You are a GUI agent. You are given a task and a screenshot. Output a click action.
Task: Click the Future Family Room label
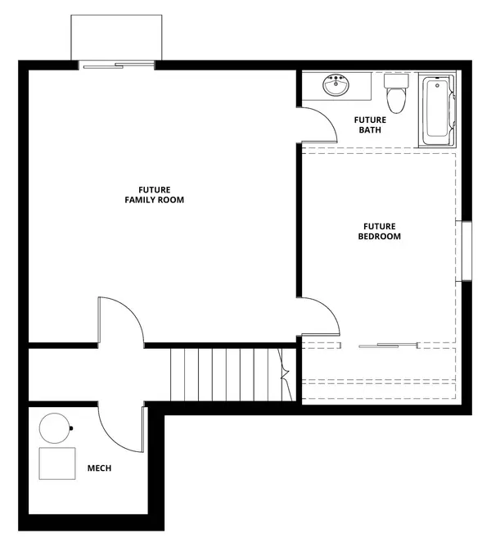[154, 194]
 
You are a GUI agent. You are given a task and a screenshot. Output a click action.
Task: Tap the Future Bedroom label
[380, 231]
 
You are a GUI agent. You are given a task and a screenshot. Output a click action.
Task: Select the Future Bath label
[369, 124]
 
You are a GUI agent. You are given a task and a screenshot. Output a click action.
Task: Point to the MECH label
[99, 468]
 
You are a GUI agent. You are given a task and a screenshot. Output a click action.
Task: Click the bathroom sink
[336, 85]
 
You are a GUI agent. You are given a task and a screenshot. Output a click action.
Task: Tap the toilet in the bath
[397, 97]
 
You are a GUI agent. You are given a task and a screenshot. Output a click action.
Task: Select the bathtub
[437, 111]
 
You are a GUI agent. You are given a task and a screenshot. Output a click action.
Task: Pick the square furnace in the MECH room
[57, 464]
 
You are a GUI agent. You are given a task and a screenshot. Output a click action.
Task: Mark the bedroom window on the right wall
[466, 251]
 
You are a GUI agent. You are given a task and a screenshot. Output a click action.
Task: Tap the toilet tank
[397, 82]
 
